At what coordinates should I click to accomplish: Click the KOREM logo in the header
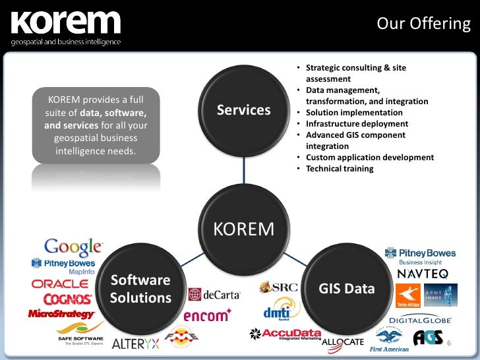pos(66,26)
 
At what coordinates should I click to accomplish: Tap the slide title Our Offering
pos(424,24)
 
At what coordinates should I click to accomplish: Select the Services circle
pos(244,109)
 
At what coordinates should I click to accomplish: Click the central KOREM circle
pos(244,229)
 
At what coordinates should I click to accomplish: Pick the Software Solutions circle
pos(140,289)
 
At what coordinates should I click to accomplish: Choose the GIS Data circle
pos(347,289)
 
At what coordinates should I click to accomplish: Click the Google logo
pos(73,247)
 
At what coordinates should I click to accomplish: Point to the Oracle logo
pos(60,284)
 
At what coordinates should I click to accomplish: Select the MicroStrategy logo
pos(62,314)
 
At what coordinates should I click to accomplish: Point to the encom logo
pos(206,315)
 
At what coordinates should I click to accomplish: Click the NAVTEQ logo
pos(423,273)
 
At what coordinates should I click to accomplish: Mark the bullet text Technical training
pos(340,169)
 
